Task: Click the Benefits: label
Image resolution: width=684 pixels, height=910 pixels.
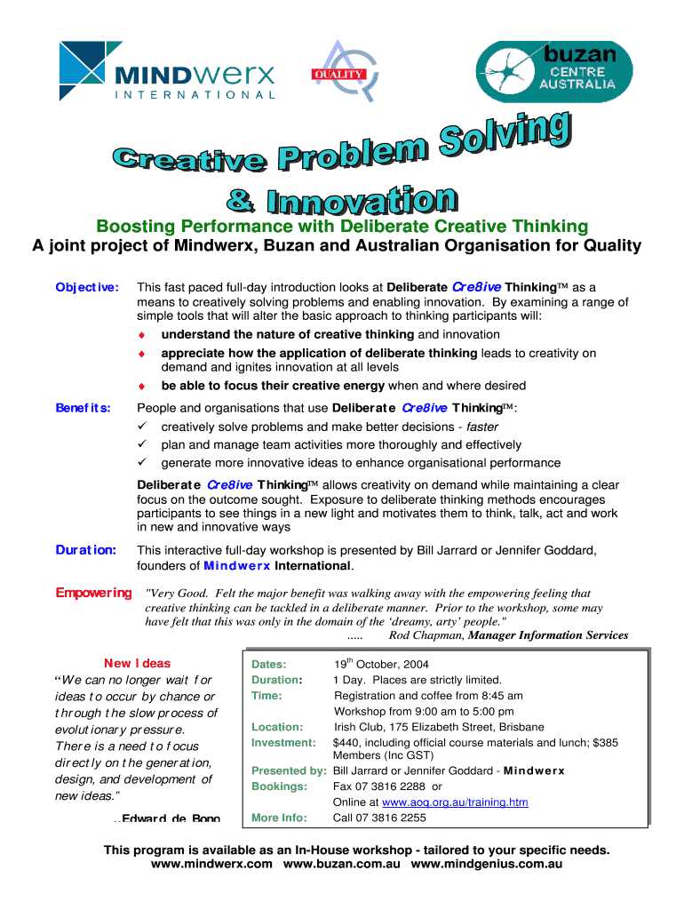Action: [x=84, y=408]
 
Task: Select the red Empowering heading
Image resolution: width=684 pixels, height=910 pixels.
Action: [x=93, y=593]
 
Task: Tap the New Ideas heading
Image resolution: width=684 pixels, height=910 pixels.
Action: [x=137, y=663]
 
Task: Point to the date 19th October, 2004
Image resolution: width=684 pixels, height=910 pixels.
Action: [x=381, y=665]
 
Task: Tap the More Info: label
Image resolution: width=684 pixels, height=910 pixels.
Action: [x=279, y=818]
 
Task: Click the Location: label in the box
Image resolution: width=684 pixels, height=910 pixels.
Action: [x=277, y=727]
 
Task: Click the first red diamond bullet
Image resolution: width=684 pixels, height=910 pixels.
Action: [x=140, y=335]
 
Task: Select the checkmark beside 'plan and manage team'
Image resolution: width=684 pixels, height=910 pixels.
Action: [x=140, y=444]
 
